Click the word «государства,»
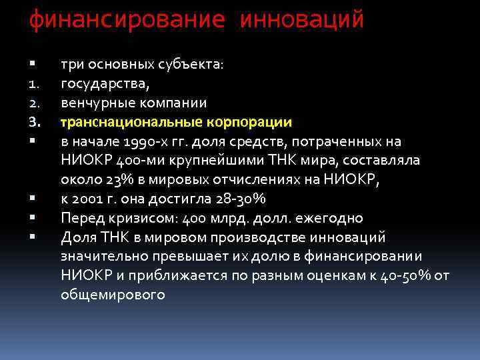[105, 84]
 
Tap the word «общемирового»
[112, 294]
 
